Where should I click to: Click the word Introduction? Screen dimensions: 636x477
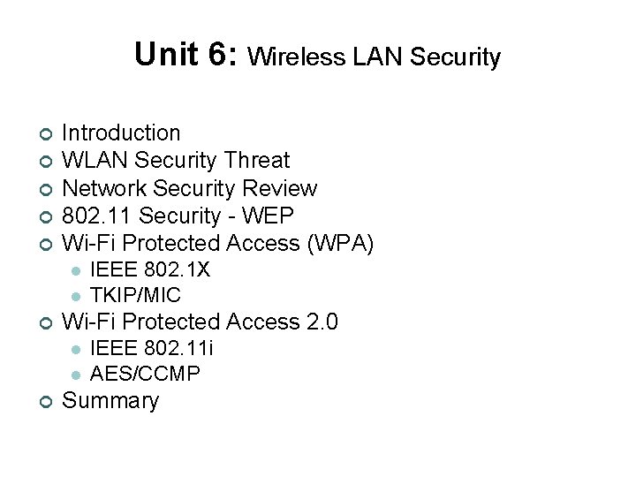point(121,133)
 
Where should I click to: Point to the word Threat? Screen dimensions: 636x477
point(256,161)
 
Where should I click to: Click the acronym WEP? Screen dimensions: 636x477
point(269,216)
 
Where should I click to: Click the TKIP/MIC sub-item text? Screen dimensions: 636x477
point(136,294)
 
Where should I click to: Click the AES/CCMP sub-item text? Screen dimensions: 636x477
point(146,373)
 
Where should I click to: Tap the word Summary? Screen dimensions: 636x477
point(110,401)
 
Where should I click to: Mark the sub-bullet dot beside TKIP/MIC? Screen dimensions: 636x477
point(77,295)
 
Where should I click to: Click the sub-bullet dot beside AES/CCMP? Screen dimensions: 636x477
point(77,374)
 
